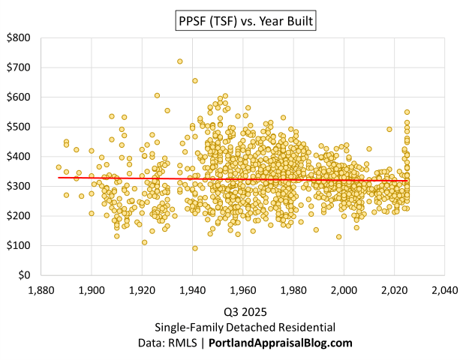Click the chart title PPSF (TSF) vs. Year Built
[x=245, y=22]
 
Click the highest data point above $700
[x=179, y=61]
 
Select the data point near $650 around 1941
[x=195, y=81]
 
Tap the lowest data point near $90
[x=195, y=248]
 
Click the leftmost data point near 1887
[x=59, y=167]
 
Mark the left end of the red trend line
[x=59, y=178]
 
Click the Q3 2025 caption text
[x=245, y=311]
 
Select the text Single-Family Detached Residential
[x=245, y=327]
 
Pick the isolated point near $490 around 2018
[x=389, y=129]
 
